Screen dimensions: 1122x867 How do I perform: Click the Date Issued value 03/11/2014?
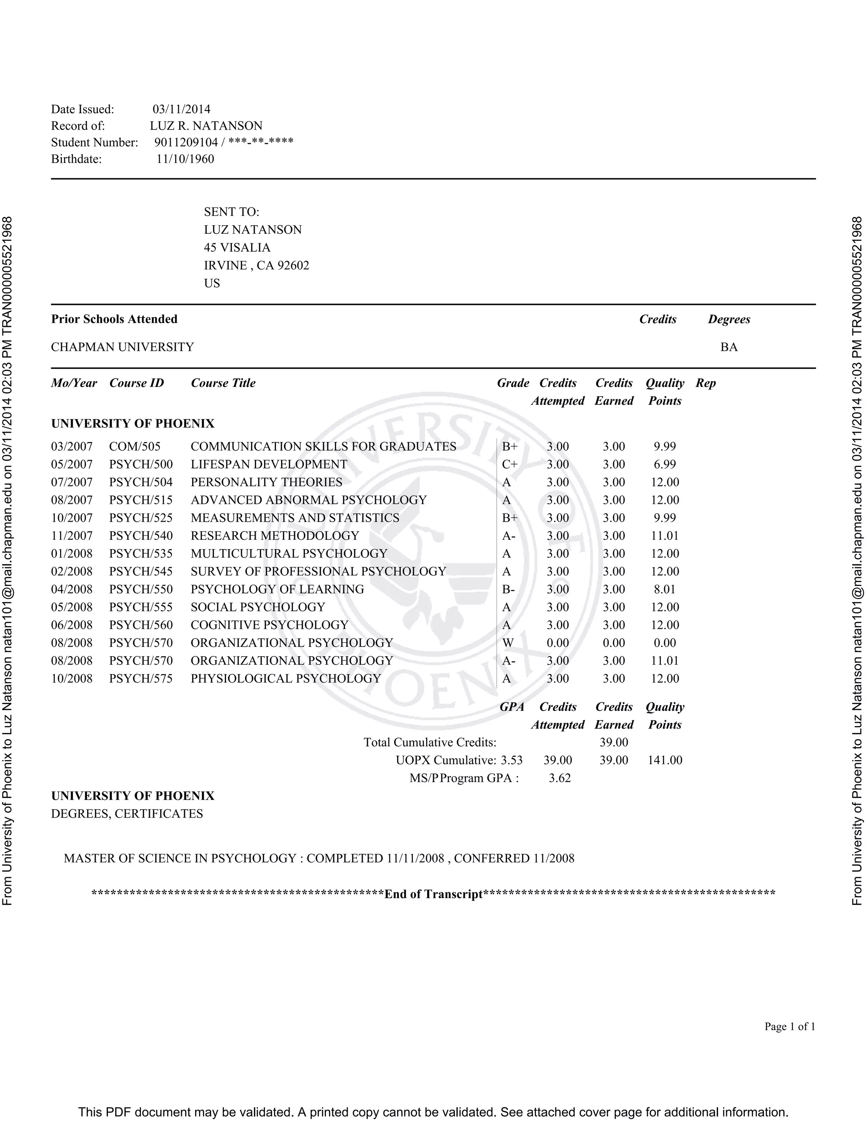pyautogui.click(x=181, y=109)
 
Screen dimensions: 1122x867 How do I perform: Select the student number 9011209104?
pyautogui.click(x=186, y=142)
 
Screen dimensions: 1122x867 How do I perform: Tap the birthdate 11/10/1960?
pyautogui.click(x=185, y=159)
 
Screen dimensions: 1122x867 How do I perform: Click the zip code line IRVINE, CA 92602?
pyautogui.click(x=256, y=265)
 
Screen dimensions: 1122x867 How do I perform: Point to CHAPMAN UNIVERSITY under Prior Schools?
pyautogui.click(x=122, y=347)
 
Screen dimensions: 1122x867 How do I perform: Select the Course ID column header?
pyautogui.click(x=137, y=383)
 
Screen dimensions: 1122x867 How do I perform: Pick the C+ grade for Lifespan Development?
pyautogui.click(x=510, y=464)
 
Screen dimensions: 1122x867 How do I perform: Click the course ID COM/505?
pyautogui.click(x=135, y=446)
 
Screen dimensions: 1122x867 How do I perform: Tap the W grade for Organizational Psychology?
pyautogui.click(x=508, y=643)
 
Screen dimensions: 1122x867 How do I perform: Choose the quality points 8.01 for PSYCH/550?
pyautogui.click(x=665, y=589)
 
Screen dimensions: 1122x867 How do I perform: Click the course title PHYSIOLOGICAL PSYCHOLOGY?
pyautogui.click(x=286, y=679)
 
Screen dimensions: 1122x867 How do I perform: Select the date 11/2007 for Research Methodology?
pyautogui.click(x=72, y=536)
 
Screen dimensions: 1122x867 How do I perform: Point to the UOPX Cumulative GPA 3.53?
pyautogui.click(x=511, y=760)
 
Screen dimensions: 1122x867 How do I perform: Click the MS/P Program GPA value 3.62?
pyautogui.click(x=559, y=778)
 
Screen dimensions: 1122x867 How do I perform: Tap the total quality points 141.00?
pyautogui.click(x=665, y=760)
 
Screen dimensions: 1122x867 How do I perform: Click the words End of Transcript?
pyautogui.click(x=433, y=894)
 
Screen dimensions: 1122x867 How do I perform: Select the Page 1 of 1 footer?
pyautogui.click(x=790, y=1026)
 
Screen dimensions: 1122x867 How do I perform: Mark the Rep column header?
pyautogui.click(x=705, y=383)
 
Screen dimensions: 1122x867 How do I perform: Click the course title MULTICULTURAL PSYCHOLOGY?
pyautogui.click(x=289, y=554)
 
